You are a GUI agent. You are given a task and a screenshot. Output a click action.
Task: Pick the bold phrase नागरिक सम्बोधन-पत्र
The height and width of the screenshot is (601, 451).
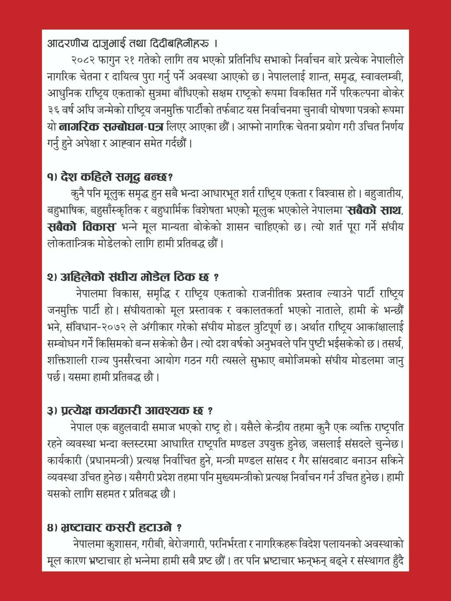[x=111, y=127]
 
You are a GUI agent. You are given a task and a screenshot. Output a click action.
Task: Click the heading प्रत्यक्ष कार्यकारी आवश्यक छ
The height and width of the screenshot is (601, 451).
[x=132, y=411]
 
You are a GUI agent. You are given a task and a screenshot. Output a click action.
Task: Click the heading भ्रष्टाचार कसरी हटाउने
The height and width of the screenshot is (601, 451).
[x=117, y=528]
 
